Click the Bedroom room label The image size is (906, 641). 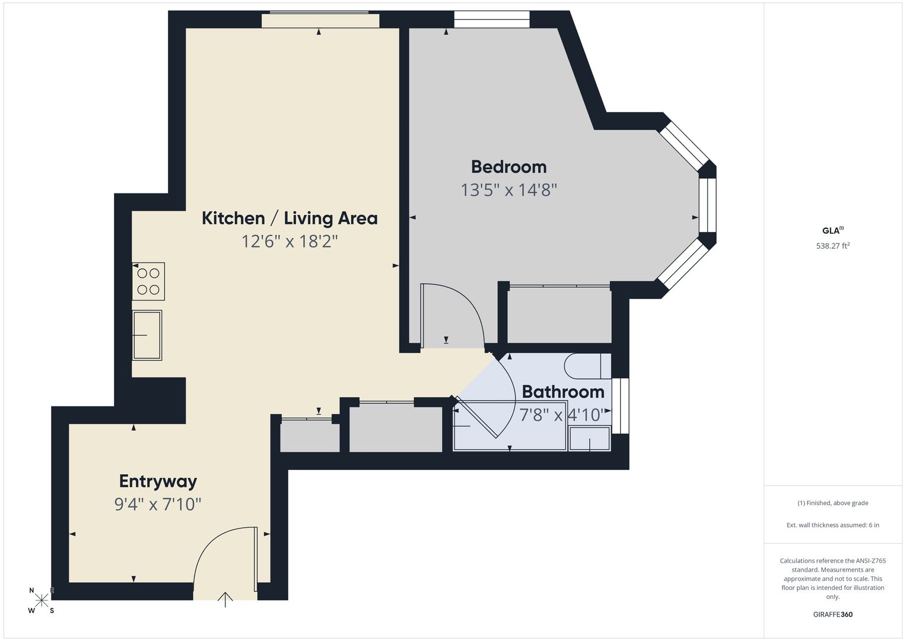[508, 167]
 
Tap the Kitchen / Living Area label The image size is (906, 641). [290, 218]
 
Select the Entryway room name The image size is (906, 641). [158, 481]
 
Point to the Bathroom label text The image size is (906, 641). [563, 392]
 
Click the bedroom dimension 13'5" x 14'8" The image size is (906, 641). [509, 190]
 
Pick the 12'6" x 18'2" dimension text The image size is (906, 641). [290, 242]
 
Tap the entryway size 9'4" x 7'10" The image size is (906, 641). [158, 504]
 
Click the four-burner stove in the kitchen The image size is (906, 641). [148, 281]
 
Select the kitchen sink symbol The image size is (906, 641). [147, 335]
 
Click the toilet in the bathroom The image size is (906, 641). [587, 366]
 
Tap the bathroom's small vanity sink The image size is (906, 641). [590, 438]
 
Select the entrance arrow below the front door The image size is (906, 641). [225, 600]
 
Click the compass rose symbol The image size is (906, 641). [42, 600]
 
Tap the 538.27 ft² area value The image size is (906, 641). [833, 246]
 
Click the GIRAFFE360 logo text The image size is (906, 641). [833, 614]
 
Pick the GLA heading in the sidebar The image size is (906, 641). [832, 230]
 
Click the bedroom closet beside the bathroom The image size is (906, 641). [560, 315]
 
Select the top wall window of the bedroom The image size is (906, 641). [492, 19]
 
